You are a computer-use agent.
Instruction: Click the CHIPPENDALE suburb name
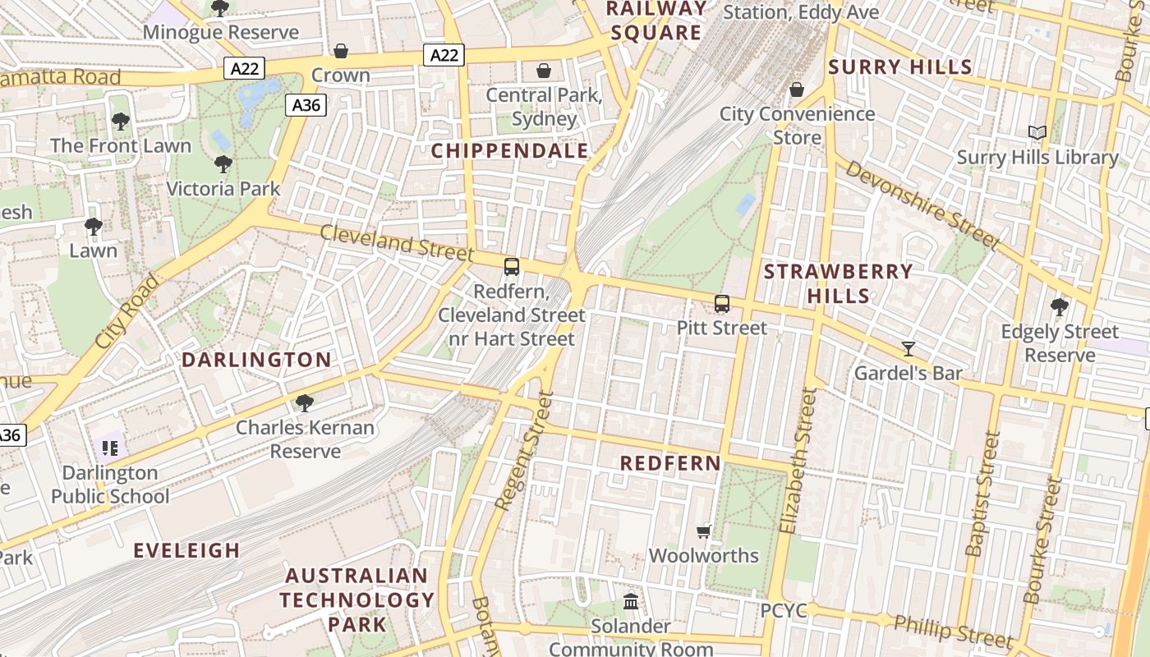(x=510, y=151)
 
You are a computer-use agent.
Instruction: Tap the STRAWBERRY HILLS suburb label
(x=838, y=283)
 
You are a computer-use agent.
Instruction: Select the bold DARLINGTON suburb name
(x=256, y=360)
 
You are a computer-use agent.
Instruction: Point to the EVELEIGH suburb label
(x=187, y=550)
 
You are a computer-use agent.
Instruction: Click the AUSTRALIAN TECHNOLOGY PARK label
(x=356, y=600)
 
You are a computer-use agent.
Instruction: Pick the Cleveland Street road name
(x=397, y=243)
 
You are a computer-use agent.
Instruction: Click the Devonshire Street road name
(x=922, y=204)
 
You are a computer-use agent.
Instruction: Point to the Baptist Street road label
(x=982, y=494)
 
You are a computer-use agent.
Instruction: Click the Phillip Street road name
(x=953, y=630)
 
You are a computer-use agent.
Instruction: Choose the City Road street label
(x=126, y=311)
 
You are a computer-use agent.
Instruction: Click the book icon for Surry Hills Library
(x=1037, y=132)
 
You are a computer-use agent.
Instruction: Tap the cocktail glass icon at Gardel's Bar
(x=908, y=349)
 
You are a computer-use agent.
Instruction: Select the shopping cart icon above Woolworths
(x=704, y=531)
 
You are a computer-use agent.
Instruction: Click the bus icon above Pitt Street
(x=721, y=304)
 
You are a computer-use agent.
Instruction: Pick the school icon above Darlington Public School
(x=110, y=448)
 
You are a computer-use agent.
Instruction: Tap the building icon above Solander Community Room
(x=631, y=602)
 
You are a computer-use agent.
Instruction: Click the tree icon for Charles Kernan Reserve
(x=305, y=403)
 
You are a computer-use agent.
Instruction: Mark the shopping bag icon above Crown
(x=341, y=51)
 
